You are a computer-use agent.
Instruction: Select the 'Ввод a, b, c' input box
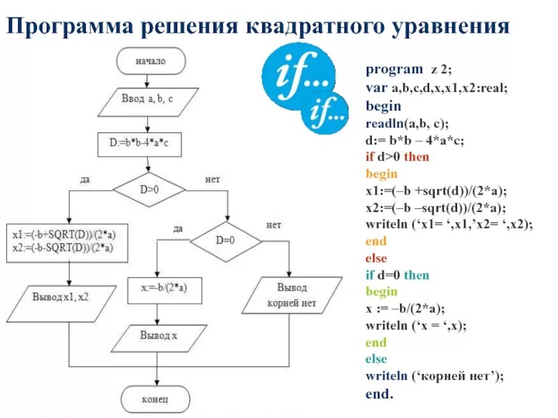pyautogui.click(x=147, y=101)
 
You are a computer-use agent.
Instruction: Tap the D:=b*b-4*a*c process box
pyautogui.click(x=148, y=145)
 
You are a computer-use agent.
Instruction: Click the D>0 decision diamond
pyautogui.click(x=149, y=188)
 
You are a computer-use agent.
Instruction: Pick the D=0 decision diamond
pyautogui.click(x=227, y=240)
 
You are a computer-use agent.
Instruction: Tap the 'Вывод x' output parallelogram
pyautogui.click(x=160, y=336)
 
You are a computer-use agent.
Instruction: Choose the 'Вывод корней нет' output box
pyautogui.click(x=292, y=295)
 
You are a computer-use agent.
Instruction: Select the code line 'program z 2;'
pyautogui.click(x=409, y=69)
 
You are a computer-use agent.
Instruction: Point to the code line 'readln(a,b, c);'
pyautogui.click(x=416, y=123)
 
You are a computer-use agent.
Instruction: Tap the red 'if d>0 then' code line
pyautogui.click(x=398, y=157)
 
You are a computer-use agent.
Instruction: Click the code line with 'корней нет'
pyautogui.click(x=434, y=376)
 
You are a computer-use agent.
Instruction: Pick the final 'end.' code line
pyautogui.click(x=379, y=394)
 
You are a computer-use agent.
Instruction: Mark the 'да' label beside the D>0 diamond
pyautogui.click(x=84, y=179)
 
